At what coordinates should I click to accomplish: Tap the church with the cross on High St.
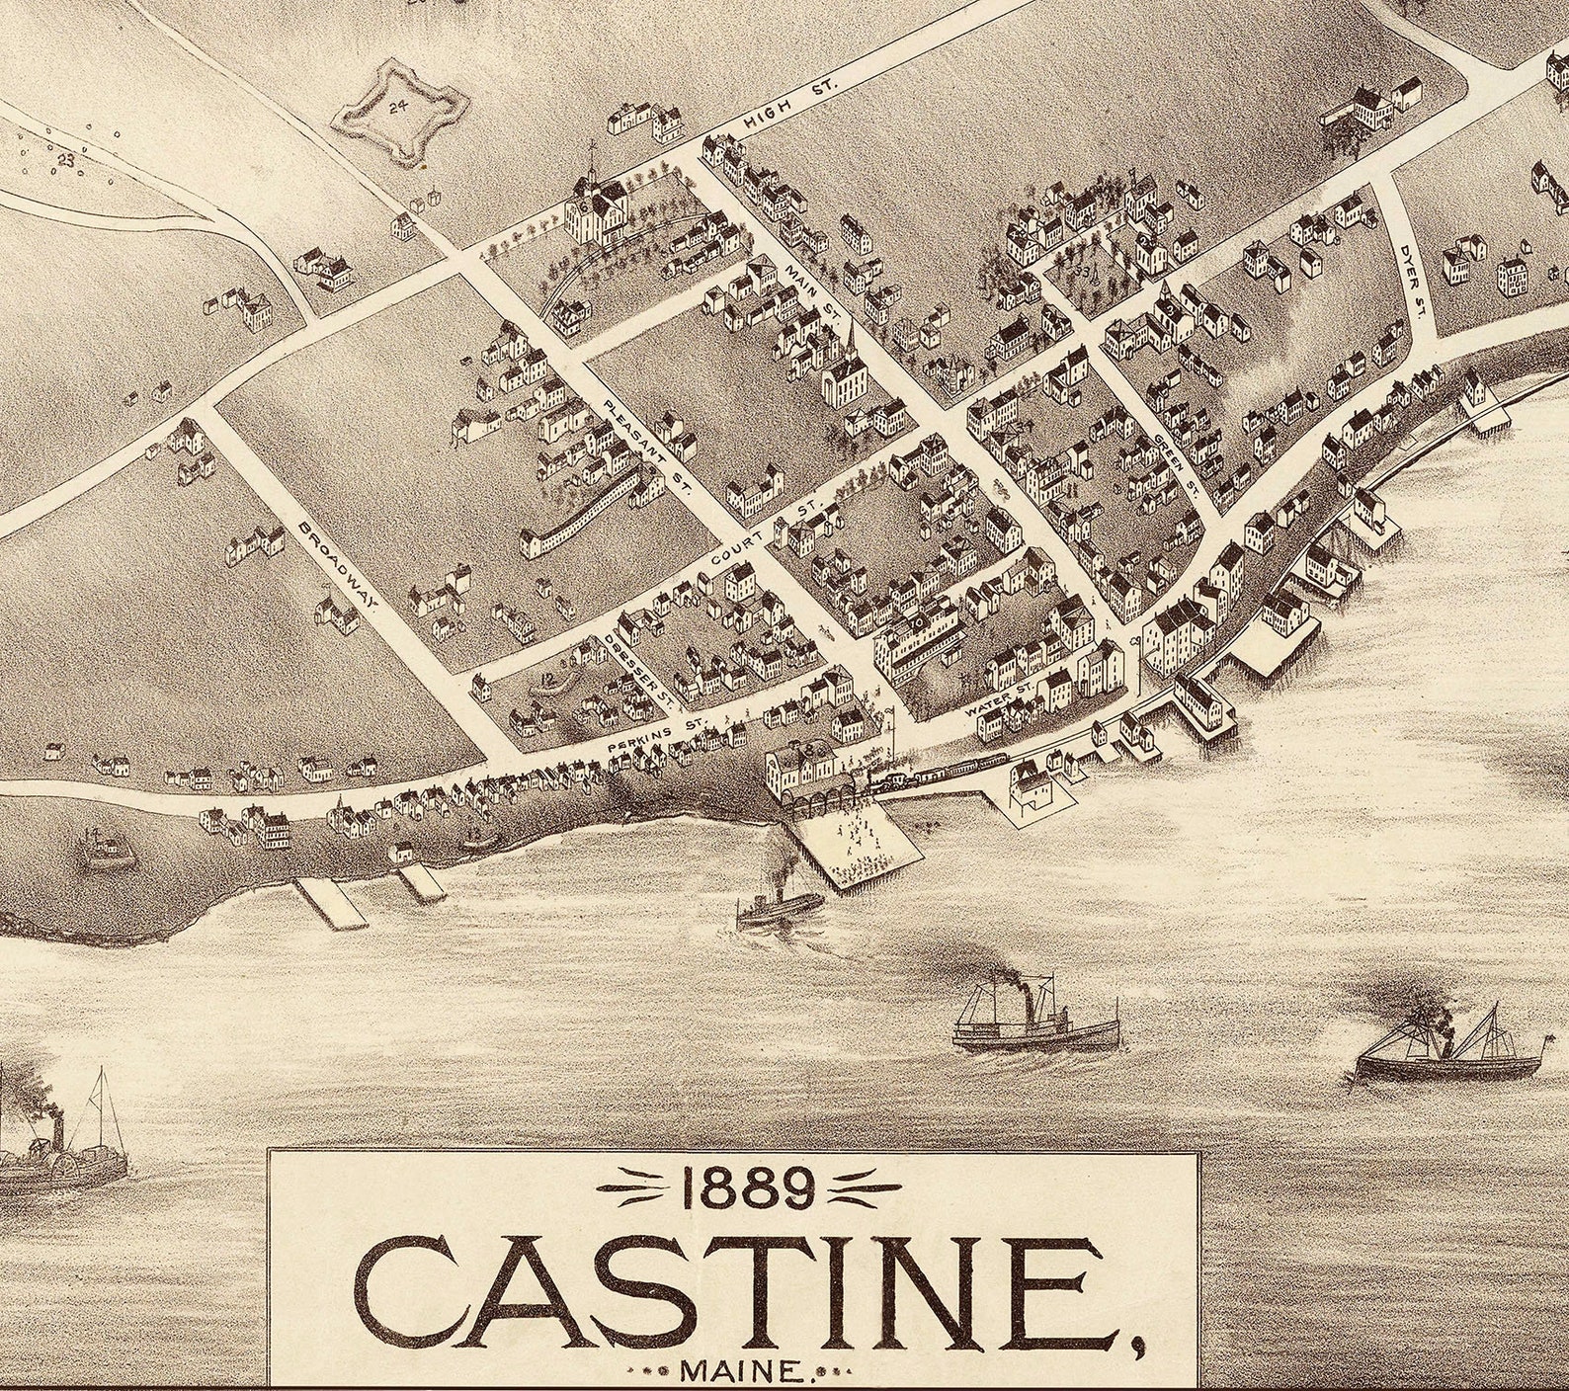click(599, 207)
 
